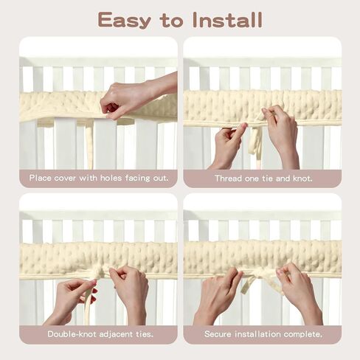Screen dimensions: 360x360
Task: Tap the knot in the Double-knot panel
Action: [x=99, y=272]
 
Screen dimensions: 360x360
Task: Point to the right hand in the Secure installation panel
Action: [x=300, y=293]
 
